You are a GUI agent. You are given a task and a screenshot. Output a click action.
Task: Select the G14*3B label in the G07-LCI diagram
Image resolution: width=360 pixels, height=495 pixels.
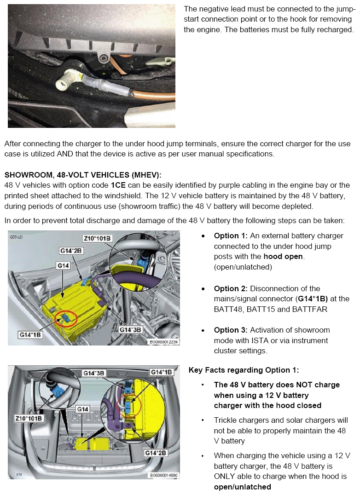point(130,330)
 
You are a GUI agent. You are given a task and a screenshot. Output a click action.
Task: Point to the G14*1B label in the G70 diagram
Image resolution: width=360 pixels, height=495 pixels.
point(161,372)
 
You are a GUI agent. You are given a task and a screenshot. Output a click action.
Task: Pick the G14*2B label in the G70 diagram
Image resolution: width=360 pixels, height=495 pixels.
point(156,453)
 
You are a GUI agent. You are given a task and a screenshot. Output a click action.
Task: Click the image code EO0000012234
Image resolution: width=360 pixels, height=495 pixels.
point(163,342)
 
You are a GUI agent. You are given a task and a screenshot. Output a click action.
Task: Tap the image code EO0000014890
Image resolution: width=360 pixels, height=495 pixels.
point(164,475)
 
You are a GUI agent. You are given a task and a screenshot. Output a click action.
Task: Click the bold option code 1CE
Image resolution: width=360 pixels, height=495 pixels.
point(118,185)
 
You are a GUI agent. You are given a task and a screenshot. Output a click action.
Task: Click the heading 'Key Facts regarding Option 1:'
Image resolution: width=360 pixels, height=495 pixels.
point(244,370)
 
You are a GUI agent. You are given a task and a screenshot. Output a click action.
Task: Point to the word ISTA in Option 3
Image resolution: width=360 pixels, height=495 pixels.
point(290,341)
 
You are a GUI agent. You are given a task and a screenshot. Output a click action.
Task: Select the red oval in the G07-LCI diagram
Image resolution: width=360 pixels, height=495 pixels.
point(66,318)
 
